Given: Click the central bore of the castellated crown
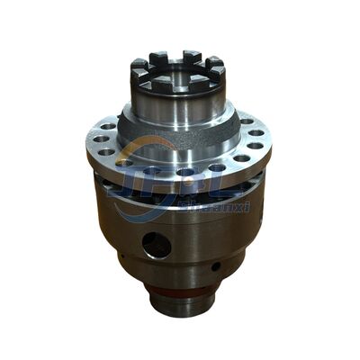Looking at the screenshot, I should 179,72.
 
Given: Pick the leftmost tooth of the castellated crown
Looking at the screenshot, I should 138,67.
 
